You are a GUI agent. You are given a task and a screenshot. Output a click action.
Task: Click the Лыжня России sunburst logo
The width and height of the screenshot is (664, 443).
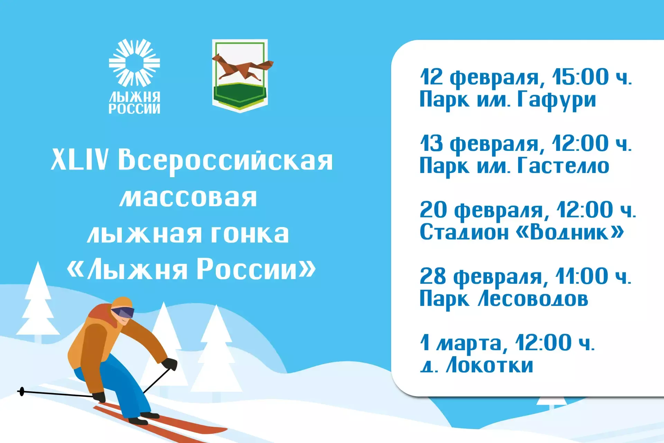(x=134, y=63)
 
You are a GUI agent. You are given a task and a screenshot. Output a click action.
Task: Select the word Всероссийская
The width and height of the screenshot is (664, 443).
(x=225, y=161)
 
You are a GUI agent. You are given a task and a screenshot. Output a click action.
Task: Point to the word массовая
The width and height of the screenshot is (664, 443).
(x=188, y=198)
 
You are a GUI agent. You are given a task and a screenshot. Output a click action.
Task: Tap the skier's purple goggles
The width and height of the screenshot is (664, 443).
(x=124, y=312)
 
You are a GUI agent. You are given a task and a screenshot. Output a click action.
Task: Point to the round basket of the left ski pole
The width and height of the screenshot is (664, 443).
(x=22, y=391)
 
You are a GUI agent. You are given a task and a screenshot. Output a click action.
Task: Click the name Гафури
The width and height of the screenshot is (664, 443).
(x=556, y=100)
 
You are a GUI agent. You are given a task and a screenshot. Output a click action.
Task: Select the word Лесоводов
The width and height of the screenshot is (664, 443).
(x=533, y=299)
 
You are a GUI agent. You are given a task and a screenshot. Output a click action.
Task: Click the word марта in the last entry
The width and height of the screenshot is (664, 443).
(x=469, y=343)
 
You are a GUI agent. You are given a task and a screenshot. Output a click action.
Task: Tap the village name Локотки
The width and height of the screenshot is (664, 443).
(x=489, y=365)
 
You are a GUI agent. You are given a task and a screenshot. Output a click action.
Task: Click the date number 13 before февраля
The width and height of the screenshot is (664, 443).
(x=431, y=143)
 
